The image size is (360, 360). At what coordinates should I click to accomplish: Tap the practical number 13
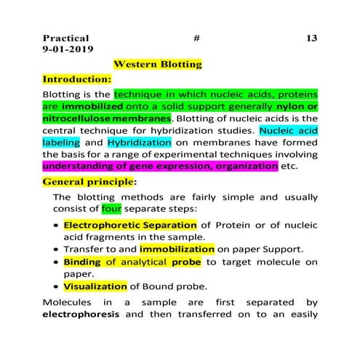click(311, 38)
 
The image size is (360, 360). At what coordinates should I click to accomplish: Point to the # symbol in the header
click(197, 38)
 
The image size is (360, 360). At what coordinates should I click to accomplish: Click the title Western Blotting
click(158, 65)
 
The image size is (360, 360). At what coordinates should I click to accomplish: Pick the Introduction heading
click(76, 79)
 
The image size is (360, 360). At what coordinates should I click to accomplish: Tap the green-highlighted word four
click(111, 209)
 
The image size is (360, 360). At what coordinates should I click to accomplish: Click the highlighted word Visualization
click(95, 286)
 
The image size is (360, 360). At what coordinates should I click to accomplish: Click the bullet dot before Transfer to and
click(57, 249)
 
